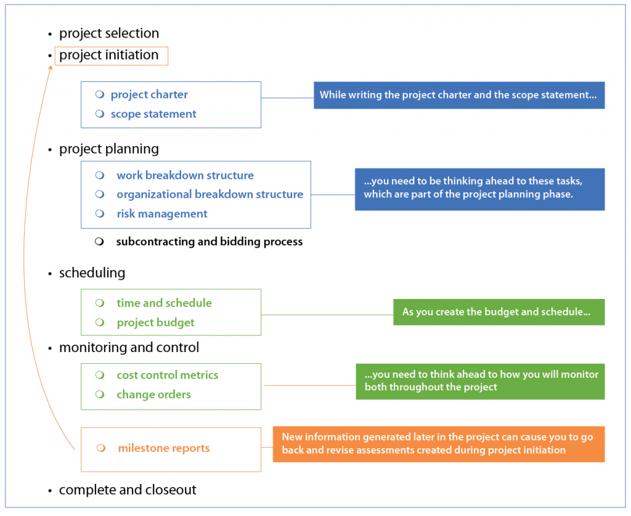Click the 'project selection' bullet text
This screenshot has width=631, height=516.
109,33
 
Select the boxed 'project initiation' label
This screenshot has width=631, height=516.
110,55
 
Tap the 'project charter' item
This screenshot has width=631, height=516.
149,94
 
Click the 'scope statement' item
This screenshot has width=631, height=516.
153,114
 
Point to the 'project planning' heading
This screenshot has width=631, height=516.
109,149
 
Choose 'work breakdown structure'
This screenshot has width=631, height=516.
185,176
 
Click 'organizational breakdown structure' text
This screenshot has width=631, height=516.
210,195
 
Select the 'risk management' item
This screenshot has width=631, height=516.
162,214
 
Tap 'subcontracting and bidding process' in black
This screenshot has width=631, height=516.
210,242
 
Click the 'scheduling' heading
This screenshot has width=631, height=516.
92,272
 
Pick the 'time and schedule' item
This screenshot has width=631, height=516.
164,303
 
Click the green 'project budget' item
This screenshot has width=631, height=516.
155,322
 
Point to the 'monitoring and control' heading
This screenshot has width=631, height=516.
129,348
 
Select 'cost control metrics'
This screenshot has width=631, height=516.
167,375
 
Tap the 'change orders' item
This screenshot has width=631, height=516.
153,395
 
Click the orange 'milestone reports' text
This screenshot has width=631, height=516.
163,448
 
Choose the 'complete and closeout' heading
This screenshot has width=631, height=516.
128,490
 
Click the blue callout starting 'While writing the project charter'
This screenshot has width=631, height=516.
459,96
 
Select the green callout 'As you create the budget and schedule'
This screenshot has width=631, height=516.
499,312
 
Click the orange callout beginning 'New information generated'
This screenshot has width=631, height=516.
439,444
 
